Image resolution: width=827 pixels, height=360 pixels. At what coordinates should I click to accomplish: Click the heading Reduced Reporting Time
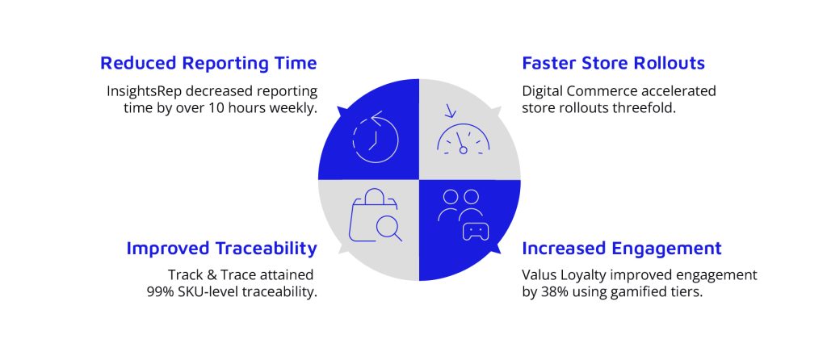pyautogui.click(x=208, y=63)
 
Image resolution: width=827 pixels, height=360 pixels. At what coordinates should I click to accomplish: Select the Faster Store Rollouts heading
pyautogui.click(x=614, y=63)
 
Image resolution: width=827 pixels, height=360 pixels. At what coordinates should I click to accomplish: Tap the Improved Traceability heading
pyautogui.click(x=221, y=249)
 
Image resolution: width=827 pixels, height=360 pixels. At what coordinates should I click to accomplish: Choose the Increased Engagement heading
pyautogui.click(x=622, y=249)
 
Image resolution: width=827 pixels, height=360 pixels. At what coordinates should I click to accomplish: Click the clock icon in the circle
pyautogui.click(x=375, y=137)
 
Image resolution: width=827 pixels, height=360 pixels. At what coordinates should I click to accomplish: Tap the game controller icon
pyautogui.click(x=476, y=232)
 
